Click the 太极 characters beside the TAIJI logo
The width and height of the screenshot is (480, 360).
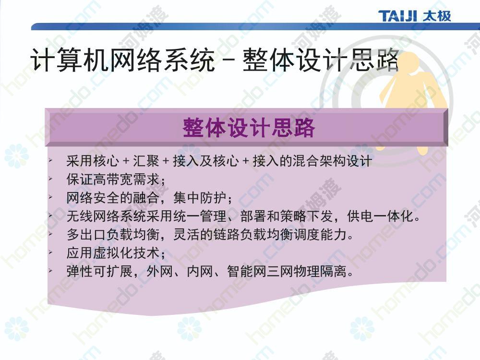click(436, 16)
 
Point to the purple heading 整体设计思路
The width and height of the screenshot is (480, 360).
click(249, 128)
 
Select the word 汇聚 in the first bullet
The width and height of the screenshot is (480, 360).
click(146, 161)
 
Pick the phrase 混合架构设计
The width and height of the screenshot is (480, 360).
click(332, 161)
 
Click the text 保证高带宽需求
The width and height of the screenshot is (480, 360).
click(113, 180)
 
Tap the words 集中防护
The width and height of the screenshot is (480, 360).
click(200, 198)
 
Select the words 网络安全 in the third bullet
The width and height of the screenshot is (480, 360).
click(93, 198)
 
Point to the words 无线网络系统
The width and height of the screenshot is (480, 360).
click(106, 216)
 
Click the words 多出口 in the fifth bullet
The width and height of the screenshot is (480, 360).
click(86, 235)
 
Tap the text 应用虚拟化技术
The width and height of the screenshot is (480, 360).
click(113, 253)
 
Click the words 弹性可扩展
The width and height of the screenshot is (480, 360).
click(99, 272)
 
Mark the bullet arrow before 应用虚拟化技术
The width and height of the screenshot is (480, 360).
click(50, 252)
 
